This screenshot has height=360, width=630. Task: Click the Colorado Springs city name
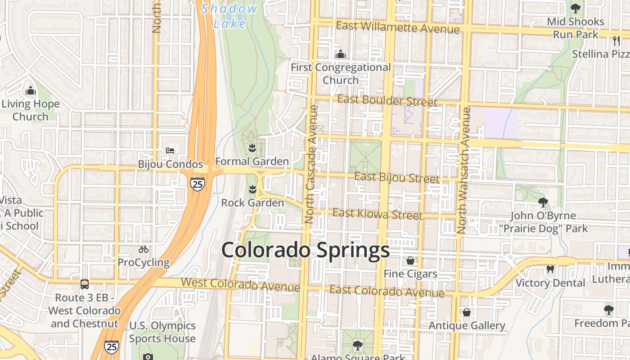305,250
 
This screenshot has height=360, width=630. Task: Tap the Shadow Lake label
229,15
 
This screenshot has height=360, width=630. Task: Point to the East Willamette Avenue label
398,27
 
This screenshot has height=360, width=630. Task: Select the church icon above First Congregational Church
341,54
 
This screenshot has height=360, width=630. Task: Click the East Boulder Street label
387,100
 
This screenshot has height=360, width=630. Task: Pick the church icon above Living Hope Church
30,91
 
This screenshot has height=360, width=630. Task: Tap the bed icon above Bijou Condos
170,151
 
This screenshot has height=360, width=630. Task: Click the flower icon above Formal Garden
252,148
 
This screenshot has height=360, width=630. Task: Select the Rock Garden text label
252,203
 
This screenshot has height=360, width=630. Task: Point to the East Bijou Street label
397,178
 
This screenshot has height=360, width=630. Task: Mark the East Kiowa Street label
378,214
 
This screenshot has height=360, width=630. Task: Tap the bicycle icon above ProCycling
144,249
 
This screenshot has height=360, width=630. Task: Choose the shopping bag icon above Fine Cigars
410,261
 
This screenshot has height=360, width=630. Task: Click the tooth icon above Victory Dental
550,270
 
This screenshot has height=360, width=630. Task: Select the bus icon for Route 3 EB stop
84,284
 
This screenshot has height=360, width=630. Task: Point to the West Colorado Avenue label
240,284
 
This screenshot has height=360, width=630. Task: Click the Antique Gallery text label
467,325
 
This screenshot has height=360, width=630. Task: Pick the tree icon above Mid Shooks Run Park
575,8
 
